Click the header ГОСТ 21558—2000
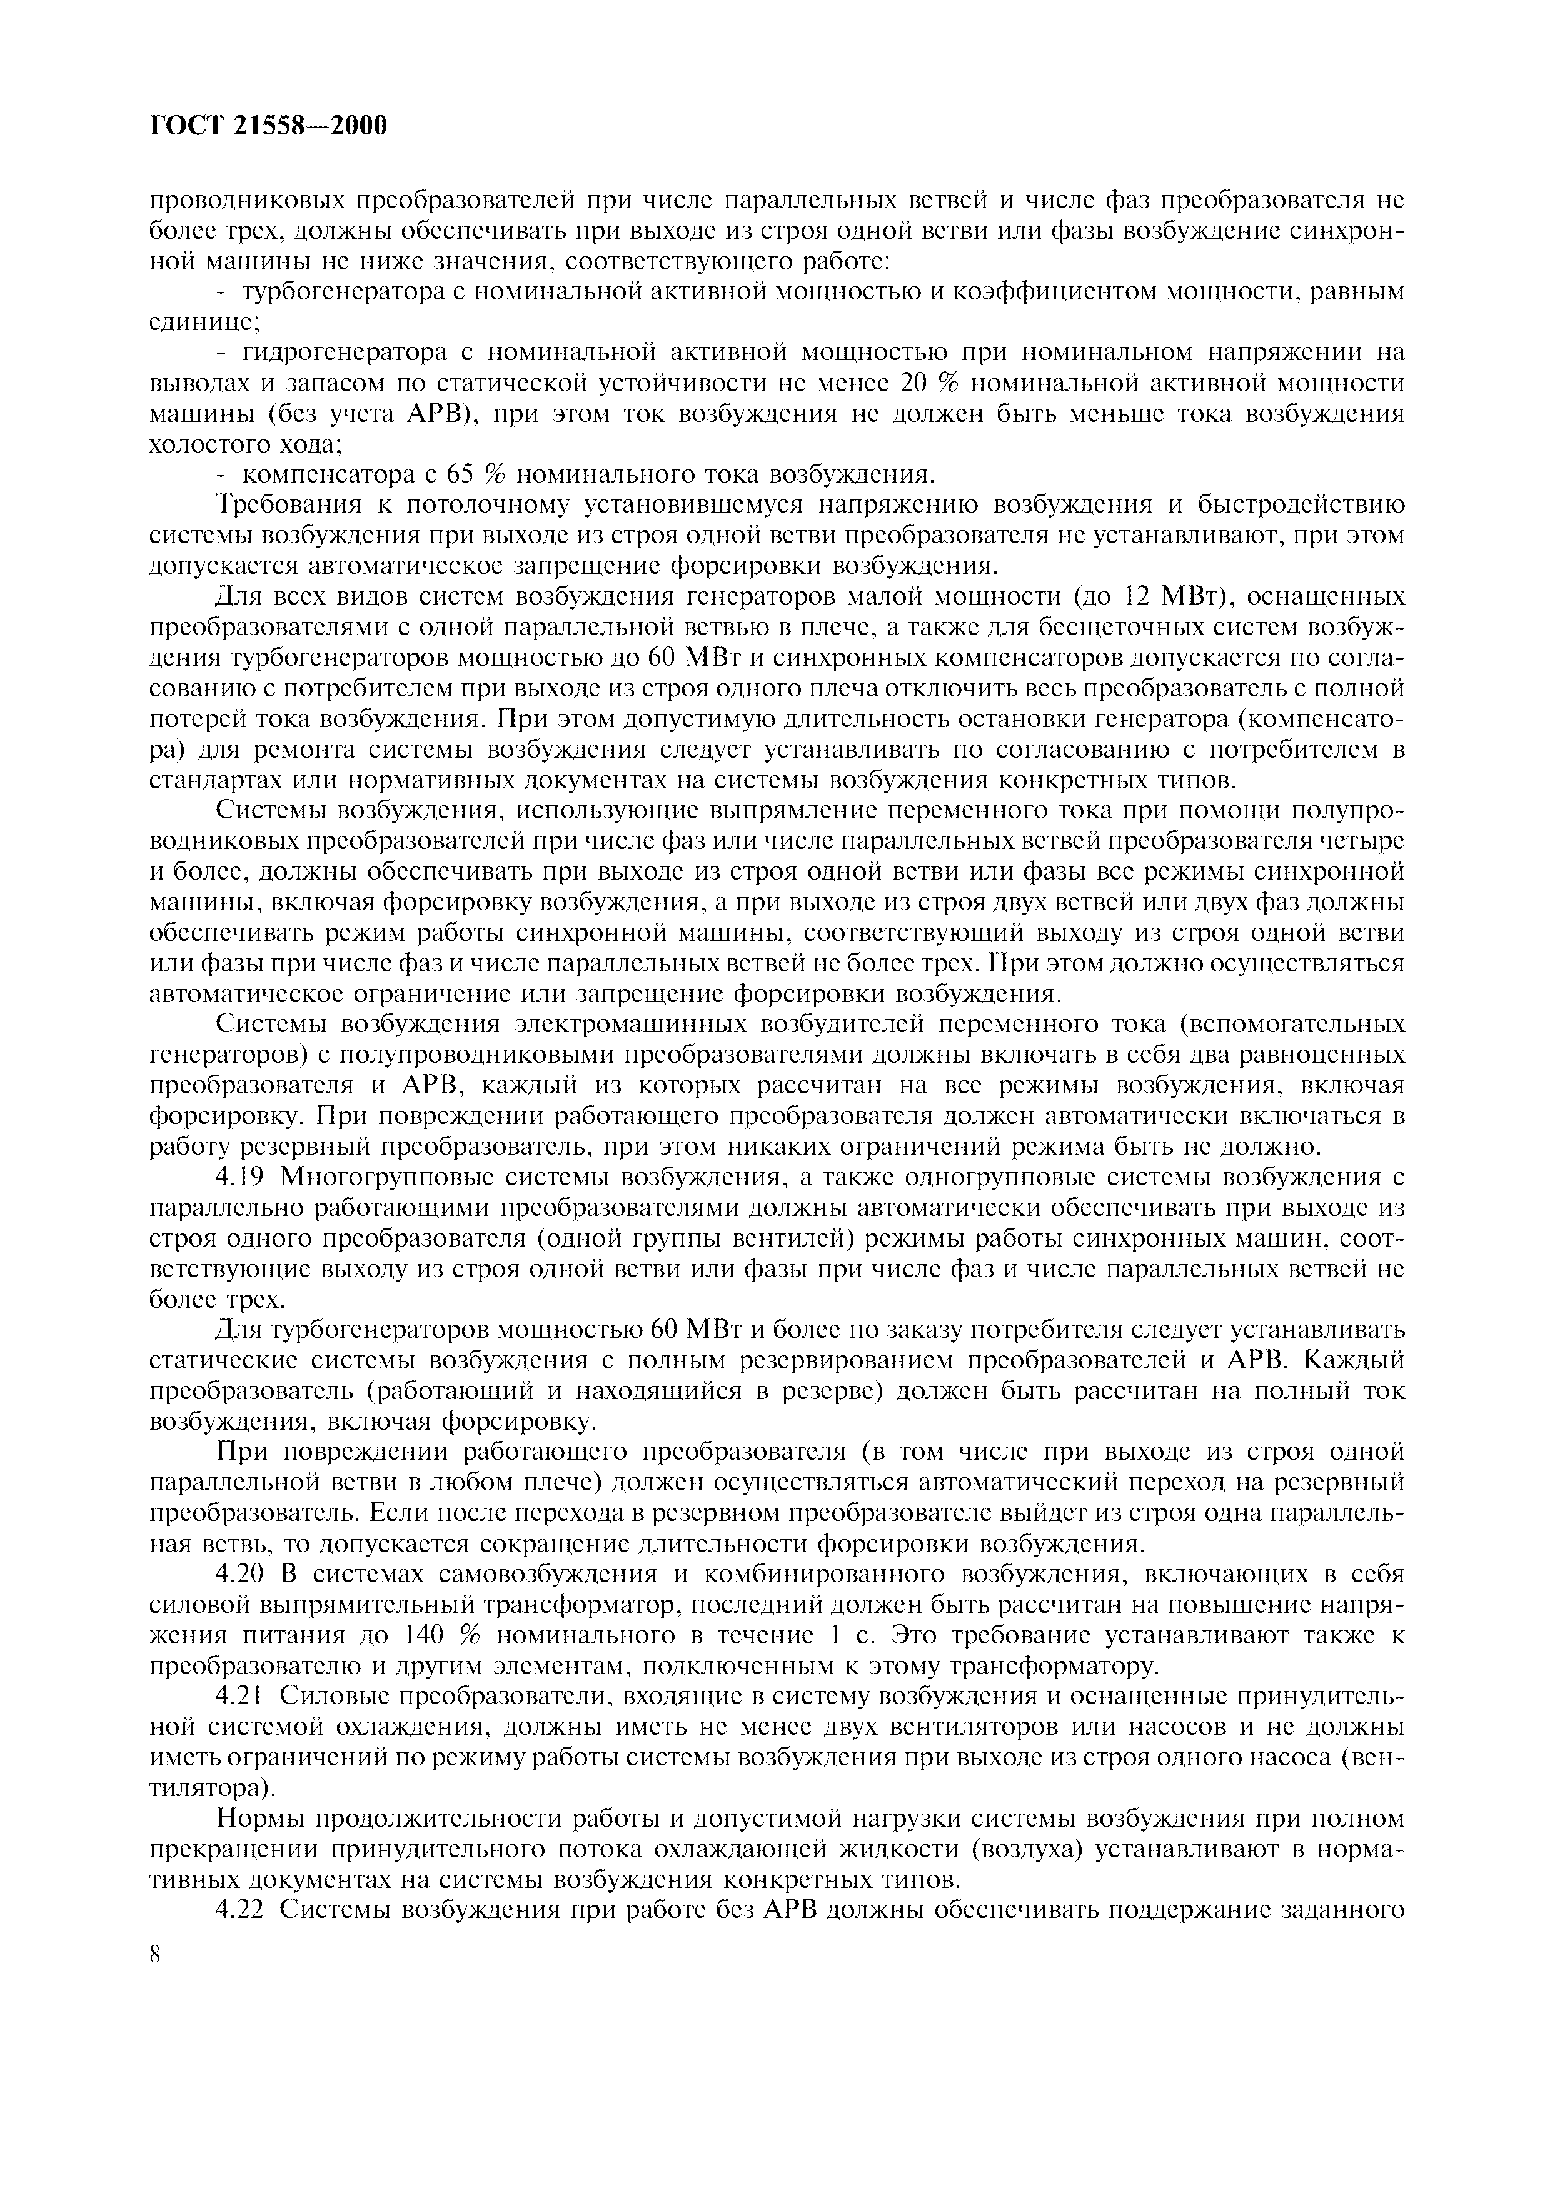[x=269, y=125]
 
